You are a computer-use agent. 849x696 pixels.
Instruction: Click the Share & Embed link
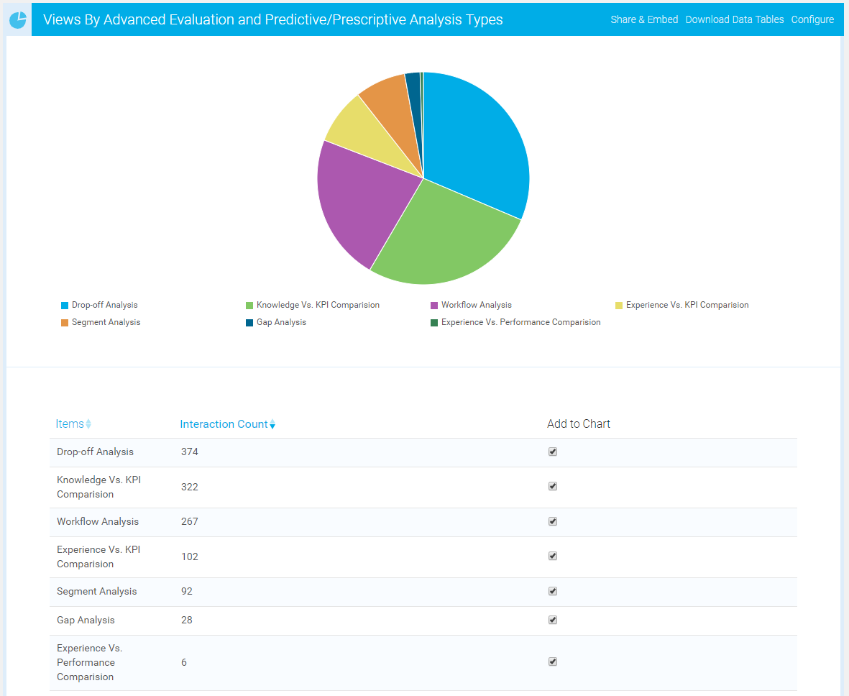tap(644, 19)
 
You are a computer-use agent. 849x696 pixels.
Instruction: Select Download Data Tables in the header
tap(734, 19)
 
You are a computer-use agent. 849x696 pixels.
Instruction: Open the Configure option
tap(812, 19)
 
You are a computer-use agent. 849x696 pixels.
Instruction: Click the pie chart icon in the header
tap(18, 20)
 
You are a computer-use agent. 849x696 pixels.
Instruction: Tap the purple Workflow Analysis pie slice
tap(359, 205)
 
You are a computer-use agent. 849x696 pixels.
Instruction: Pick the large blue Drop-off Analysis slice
tap(478, 144)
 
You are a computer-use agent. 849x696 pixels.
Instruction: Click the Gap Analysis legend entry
tap(280, 323)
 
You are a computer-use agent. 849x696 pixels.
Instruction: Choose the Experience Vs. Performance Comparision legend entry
tap(520, 323)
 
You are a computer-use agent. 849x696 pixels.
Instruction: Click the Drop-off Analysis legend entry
tap(104, 306)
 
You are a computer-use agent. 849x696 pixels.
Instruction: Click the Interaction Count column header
tap(224, 424)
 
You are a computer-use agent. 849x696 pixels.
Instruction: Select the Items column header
tap(70, 424)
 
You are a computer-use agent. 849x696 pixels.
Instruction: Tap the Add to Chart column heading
tap(578, 424)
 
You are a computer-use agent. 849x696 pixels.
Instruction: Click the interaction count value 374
tap(190, 452)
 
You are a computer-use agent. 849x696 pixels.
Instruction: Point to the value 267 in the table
tap(190, 522)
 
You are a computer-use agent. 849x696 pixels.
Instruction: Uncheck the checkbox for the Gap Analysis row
tap(553, 620)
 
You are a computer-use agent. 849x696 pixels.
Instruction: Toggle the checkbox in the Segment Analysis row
tap(553, 591)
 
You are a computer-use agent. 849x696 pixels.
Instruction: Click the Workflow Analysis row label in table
tap(98, 522)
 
